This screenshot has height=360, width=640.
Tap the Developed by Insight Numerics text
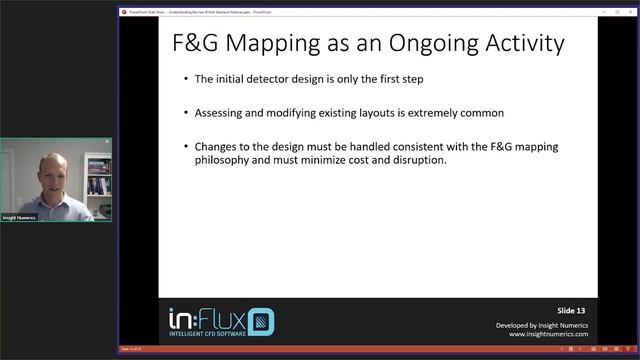point(541,324)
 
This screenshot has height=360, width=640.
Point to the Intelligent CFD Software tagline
point(205,336)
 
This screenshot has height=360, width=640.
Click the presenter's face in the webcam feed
point(54,170)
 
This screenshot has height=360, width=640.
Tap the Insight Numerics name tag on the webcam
point(19,217)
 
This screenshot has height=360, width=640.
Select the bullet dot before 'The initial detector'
point(187,79)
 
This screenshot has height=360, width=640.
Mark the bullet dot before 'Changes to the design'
point(187,147)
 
